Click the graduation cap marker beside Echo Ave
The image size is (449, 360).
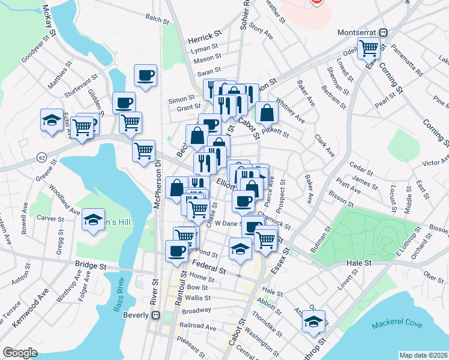pyautogui.click(x=52, y=120)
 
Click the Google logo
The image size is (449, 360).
pyautogui.click(x=20, y=352)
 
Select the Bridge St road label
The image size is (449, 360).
pyautogui.click(x=91, y=263)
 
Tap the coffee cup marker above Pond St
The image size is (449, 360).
pyautogui.click(x=177, y=250)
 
